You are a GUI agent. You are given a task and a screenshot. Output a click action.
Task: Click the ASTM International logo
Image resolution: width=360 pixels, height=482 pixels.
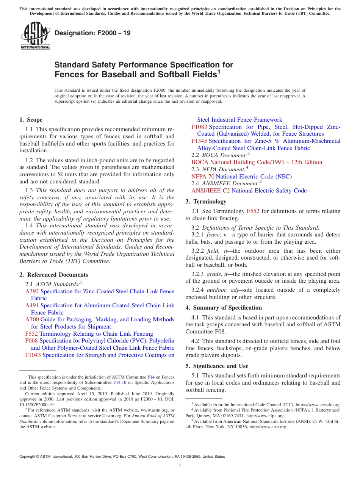[35, 36]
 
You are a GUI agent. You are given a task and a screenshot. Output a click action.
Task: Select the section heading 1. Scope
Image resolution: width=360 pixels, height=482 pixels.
[31, 120]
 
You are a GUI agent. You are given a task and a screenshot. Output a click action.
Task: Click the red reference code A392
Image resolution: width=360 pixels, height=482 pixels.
[32, 291]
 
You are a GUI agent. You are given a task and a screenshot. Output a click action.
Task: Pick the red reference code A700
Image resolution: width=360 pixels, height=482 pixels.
[32, 319]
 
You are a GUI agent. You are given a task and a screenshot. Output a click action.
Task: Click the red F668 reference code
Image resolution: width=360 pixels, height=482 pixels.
[32, 341]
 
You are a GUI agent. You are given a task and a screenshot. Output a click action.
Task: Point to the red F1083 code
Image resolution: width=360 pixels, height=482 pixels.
[199, 127]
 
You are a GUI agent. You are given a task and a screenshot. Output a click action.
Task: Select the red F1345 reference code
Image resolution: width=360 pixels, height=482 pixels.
[199, 141]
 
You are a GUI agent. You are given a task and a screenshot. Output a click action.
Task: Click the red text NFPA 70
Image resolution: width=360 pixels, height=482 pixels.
[203, 177]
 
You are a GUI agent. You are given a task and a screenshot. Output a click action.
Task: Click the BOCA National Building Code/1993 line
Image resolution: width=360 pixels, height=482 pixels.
[257, 162]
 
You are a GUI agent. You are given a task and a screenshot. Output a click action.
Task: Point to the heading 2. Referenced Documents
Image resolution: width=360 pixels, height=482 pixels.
[54, 275]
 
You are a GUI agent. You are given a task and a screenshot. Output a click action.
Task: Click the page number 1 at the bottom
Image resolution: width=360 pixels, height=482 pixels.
[180, 466]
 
